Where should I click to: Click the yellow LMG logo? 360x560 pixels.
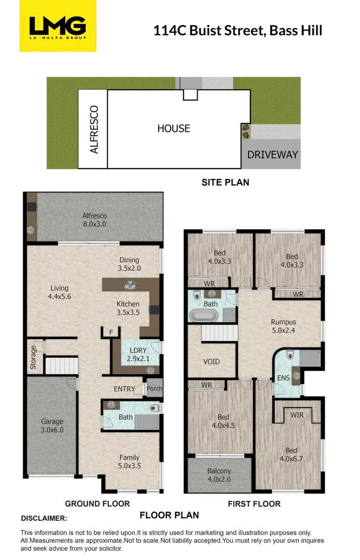coord(58,26)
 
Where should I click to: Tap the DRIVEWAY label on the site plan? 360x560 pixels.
coord(272,155)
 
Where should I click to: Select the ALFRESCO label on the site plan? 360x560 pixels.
coord(94,130)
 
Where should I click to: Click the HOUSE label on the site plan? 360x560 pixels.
coord(174,128)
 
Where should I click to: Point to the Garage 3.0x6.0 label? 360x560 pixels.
coord(52,426)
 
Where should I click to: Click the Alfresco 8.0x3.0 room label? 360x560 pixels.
coord(94,220)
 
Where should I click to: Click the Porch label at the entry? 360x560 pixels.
coord(154,389)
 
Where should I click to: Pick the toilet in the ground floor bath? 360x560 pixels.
coord(153,408)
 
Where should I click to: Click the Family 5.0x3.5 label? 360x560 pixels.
coord(130,461)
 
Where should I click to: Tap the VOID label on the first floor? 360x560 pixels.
coord(211,361)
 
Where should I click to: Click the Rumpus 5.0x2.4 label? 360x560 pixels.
coord(283,326)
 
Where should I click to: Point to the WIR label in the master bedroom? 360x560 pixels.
coord(297,415)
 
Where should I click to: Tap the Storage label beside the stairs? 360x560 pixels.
coord(33,357)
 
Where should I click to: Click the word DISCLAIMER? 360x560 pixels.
coord(44,518)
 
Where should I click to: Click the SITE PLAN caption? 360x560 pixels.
coord(225,183)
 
